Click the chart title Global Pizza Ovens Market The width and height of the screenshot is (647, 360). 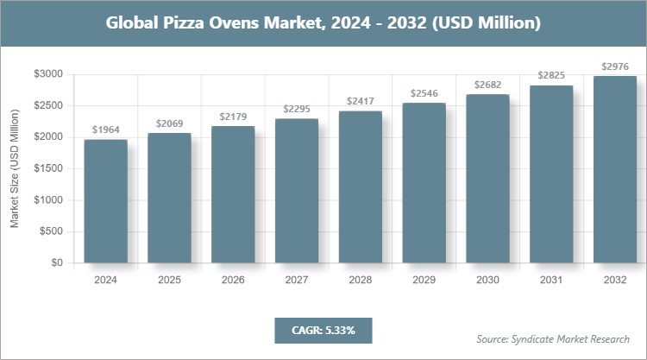tap(323, 23)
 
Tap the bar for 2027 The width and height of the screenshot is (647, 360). tap(297, 191)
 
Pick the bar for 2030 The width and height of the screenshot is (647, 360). tap(487, 179)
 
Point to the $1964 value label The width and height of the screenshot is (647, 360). tap(105, 130)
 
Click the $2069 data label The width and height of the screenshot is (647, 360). tap(169, 124)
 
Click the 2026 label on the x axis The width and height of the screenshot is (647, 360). tap(233, 281)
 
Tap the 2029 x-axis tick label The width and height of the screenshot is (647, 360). tap(424, 281)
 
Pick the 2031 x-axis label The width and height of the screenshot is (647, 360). tap(551, 281)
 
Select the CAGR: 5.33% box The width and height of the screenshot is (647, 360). tap(323, 330)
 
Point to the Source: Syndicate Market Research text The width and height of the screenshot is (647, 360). tap(553, 338)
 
